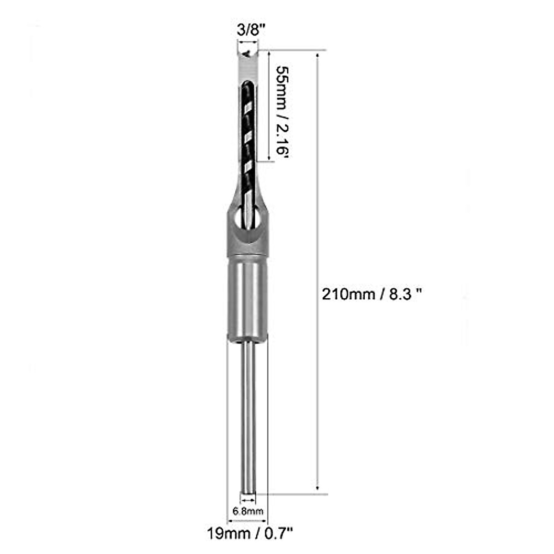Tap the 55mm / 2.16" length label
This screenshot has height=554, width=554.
[x=282, y=112]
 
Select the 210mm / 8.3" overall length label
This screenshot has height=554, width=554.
[x=372, y=294]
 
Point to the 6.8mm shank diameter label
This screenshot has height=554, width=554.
[x=248, y=511]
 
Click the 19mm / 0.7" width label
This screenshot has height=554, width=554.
[x=250, y=534]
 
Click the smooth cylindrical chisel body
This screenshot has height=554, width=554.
[x=247, y=298]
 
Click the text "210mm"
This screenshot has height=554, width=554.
[x=349, y=294]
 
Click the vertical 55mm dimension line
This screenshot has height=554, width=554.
[x=269, y=106]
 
